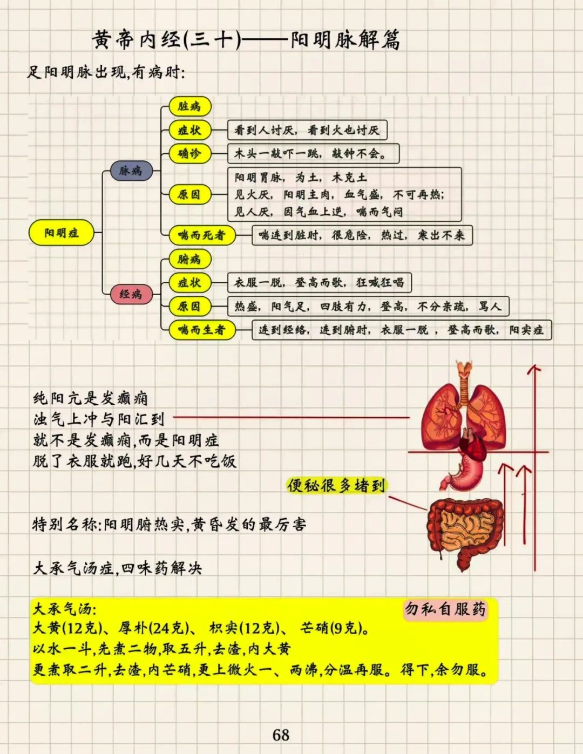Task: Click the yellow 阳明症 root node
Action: coord(61,233)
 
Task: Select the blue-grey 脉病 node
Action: coord(131,171)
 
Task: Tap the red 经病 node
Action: coord(131,294)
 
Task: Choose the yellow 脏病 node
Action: coord(189,106)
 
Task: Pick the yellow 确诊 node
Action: coord(189,154)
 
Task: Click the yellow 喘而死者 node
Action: coord(201,235)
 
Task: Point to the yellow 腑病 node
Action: coord(189,259)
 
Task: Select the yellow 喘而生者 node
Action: coord(201,330)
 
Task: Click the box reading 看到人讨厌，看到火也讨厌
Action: coord(307,130)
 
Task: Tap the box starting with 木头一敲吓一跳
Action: coord(313,154)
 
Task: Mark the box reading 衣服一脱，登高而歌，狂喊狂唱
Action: coord(318,282)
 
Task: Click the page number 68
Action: coord(281,735)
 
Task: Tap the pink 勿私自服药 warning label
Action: coord(445,609)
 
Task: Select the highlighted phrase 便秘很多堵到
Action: coord(336,486)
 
